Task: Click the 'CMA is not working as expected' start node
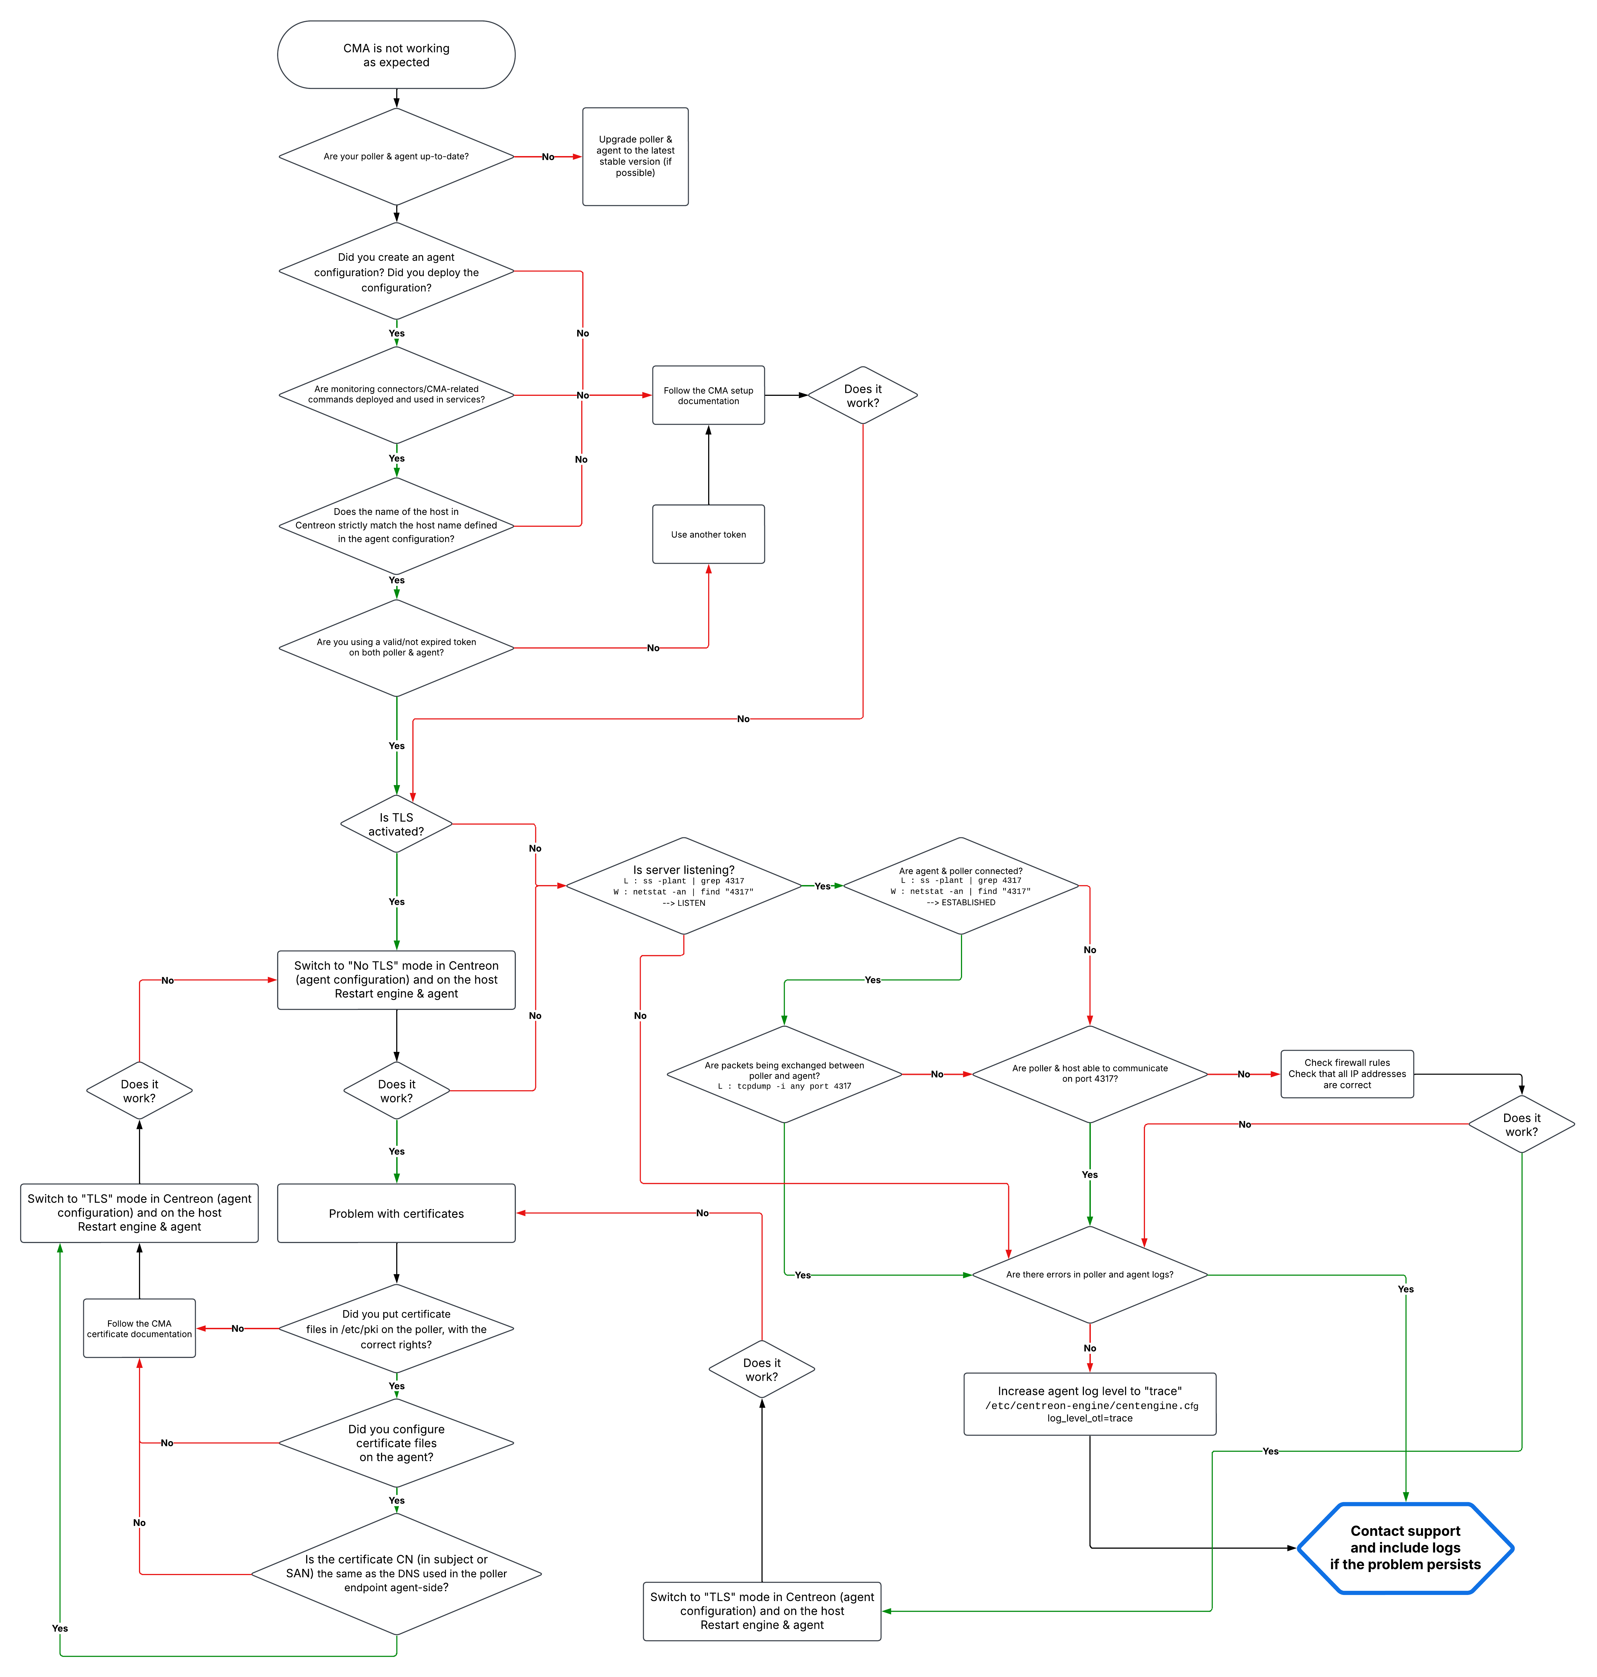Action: tap(396, 54)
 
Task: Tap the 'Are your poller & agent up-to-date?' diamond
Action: tap(396, 157)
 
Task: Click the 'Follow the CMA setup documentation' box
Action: tap(708, 395)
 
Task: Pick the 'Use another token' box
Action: tap(708, 535)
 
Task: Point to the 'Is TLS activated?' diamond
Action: tap(396, 824)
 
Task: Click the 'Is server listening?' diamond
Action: tap(684, 885)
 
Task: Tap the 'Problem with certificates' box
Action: tap(396, 1213)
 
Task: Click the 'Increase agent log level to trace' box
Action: tap(1090, 1404)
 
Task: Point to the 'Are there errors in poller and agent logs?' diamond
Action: tap(1090, 1274)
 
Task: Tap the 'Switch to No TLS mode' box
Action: tap(396, 980)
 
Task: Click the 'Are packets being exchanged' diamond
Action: tap(784, 1074)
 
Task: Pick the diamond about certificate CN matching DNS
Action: tap(396, 1573)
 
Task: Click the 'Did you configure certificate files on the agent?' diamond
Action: tap(396, 1443)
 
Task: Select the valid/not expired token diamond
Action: tap(396, 648)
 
